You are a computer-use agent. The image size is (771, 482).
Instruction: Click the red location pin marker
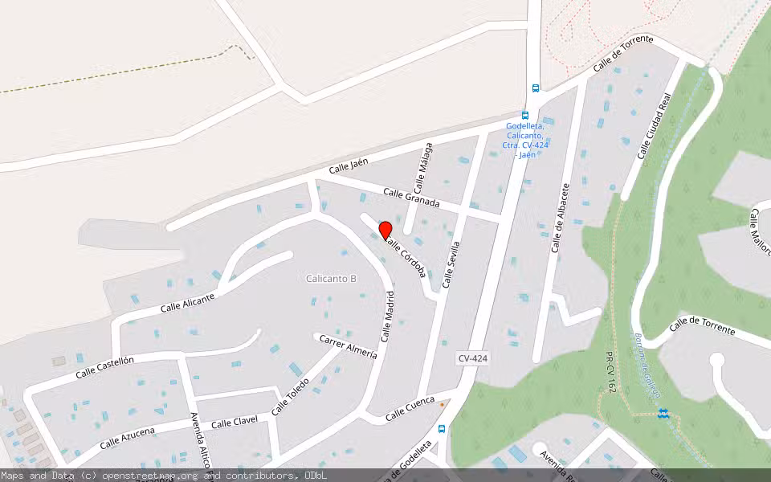(385, 230)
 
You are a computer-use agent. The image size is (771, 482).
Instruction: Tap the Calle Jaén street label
(349, 166)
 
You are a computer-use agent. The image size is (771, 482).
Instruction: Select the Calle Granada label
(411, 198)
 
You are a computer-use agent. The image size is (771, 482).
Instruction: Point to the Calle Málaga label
(423, 167)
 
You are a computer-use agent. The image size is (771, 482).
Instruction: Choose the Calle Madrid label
(388, 316)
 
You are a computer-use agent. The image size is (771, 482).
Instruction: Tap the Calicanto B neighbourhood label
(331, 279)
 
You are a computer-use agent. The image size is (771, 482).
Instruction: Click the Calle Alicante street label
(187, 303)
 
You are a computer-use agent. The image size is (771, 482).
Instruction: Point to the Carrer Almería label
(348, 346)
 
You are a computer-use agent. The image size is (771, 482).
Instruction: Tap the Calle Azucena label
(128, 438)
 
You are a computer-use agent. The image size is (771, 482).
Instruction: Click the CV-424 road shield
(473, 358)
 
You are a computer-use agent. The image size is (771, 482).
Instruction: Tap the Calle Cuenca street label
(410, 409)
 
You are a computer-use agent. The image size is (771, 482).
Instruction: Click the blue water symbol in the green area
(662, 413)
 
